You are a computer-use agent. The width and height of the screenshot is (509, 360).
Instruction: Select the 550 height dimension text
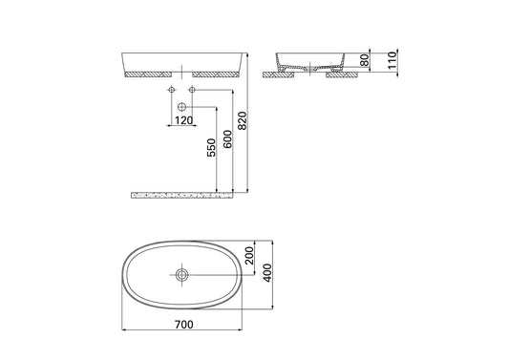point(210,150)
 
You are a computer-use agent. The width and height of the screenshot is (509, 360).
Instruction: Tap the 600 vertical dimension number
point(227,139)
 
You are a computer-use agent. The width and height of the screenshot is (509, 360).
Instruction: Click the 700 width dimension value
point(184,327)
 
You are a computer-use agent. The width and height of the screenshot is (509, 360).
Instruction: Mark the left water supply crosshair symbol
point(172,90)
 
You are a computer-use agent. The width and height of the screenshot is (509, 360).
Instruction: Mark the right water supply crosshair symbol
point(192,90)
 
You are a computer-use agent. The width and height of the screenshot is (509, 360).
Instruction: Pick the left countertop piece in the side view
point(279,73)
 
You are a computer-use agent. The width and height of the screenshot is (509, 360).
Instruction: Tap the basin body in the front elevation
point(181,60)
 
